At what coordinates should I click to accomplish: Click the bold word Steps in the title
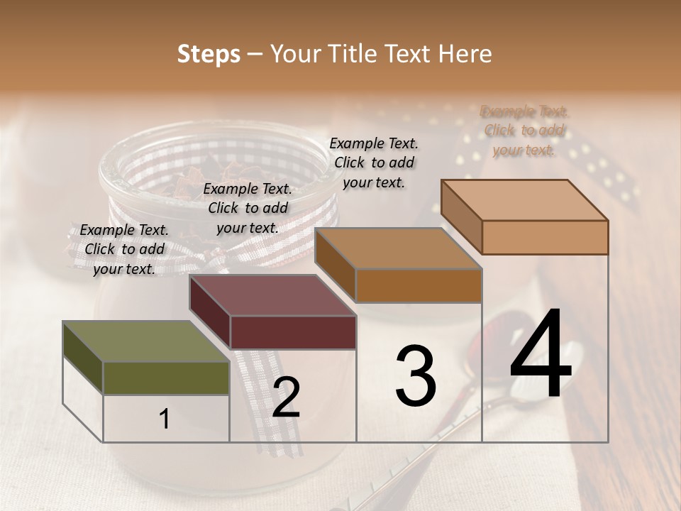208,54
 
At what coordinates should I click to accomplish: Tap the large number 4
541,356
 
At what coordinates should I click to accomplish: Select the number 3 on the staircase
416,376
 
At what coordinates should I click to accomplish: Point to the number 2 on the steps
286,397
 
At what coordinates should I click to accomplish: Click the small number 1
164,419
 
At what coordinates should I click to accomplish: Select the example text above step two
248,209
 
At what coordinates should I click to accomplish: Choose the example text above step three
374,163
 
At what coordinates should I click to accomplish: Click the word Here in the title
465,54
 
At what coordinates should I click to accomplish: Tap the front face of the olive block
166,378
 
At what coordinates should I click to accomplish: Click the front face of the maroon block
293,332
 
